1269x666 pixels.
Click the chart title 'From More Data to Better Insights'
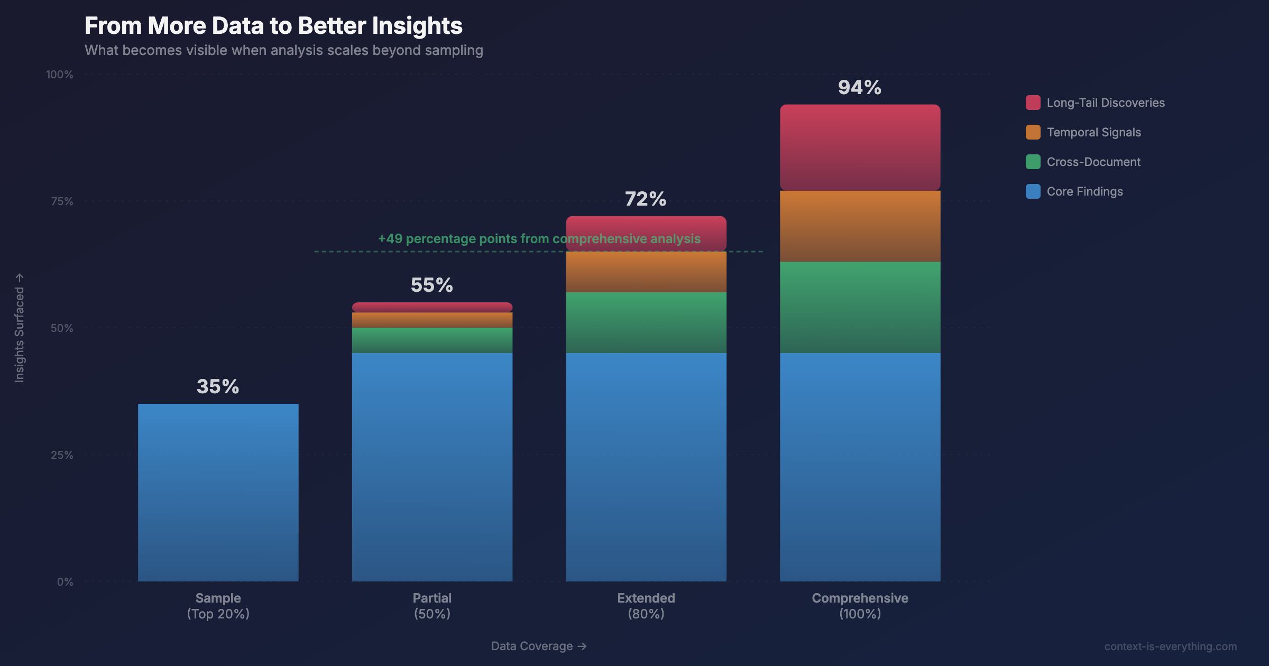pos(273,25)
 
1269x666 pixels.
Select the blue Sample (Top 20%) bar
pos(218,492)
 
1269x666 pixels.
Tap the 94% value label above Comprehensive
pos(859,87)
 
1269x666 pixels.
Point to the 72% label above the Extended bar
pos(645,199)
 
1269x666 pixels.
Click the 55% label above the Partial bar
pos(431,285)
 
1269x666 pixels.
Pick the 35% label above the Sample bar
pos(218,386)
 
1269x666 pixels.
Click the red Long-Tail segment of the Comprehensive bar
pos(860,147)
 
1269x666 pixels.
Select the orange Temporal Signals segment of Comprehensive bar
pos(860,226)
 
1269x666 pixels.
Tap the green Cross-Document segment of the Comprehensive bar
pos(860,307)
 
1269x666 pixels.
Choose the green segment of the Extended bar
pos(646,322)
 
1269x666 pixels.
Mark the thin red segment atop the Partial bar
pos(432,307)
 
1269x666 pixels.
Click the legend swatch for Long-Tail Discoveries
pos(1033,103)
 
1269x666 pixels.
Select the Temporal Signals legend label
pos(1093,132)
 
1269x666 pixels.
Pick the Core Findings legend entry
pos(1084,191)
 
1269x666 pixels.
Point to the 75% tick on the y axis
pos(62,201)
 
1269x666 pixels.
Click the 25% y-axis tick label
pos(62,455)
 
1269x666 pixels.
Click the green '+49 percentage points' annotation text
pos(539,238)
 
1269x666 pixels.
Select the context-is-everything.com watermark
pos(1170,646)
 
